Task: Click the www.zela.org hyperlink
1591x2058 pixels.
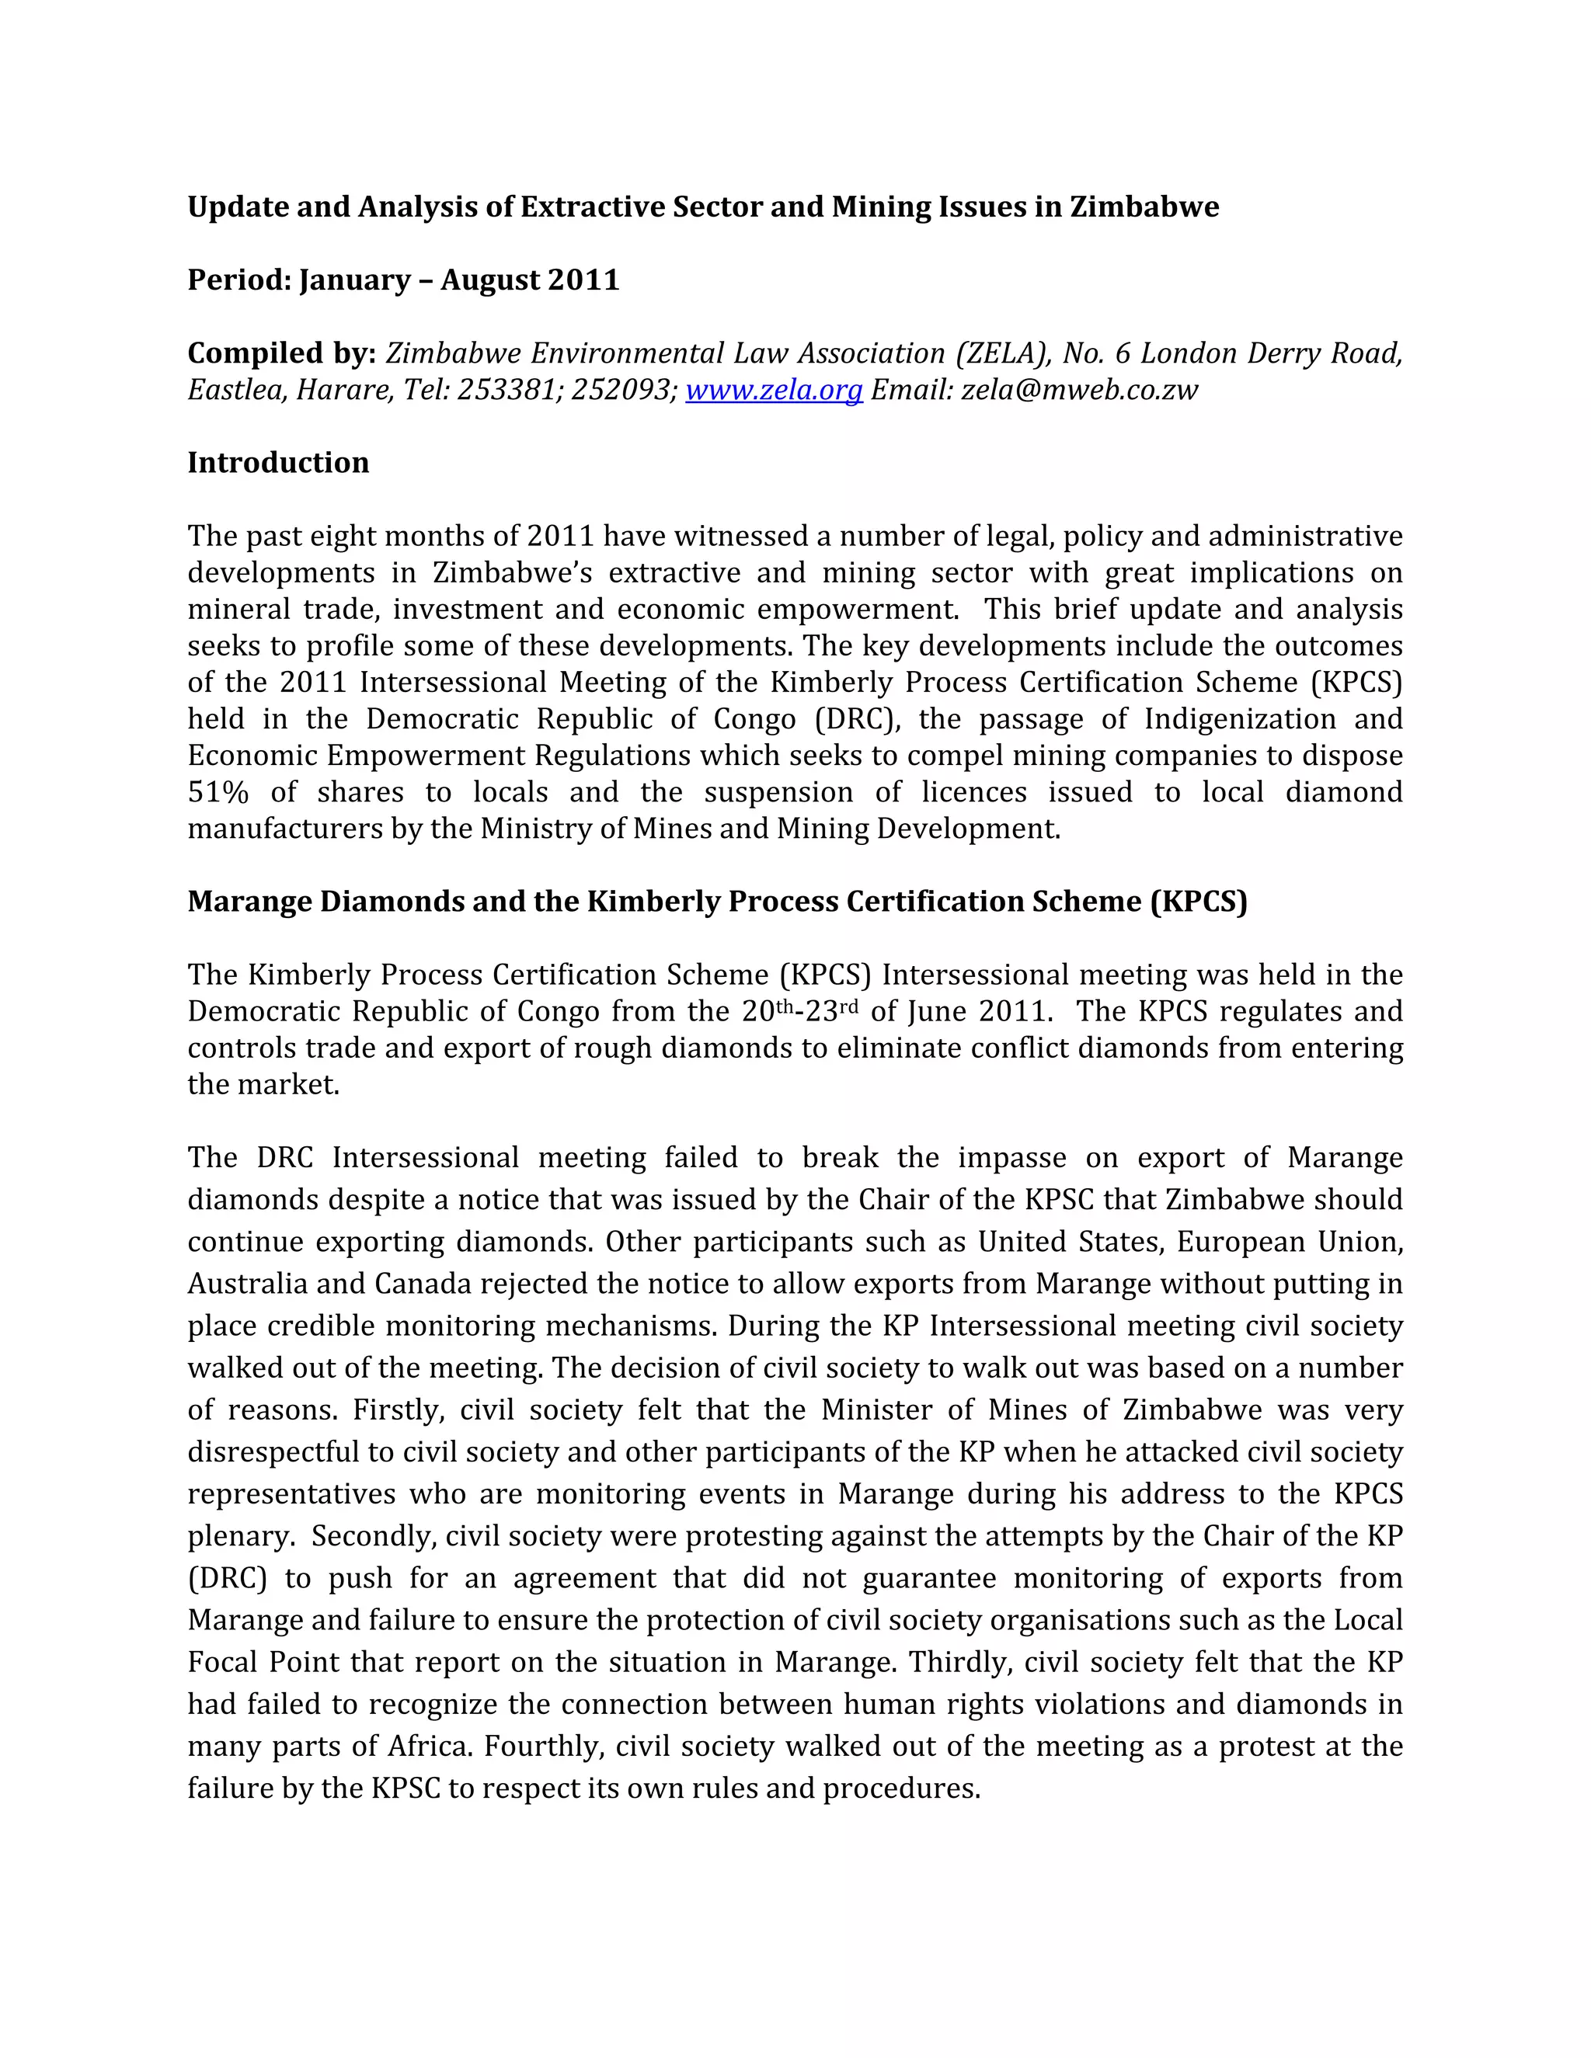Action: [773, 390]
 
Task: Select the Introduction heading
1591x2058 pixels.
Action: [278, 463]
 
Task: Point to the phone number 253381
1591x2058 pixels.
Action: [504, 390]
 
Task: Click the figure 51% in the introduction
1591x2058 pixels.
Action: [218, 792]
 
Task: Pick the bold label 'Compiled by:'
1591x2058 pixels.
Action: [282, 353]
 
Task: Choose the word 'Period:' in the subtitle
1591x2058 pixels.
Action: [239, 280]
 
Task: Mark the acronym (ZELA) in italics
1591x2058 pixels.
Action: [1002, 353]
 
